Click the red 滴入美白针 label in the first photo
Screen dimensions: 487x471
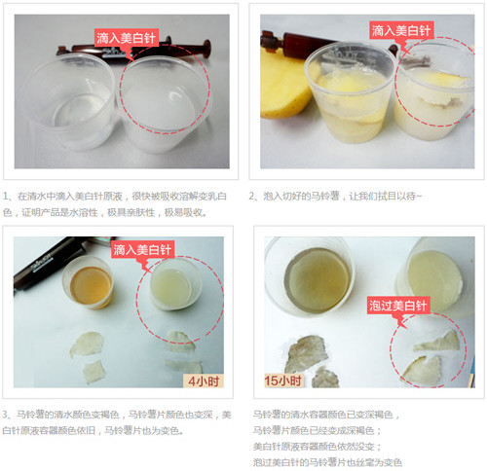127,38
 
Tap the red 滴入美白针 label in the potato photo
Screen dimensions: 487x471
401,30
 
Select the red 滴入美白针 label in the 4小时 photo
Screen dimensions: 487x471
142,249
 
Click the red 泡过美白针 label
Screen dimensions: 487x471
398,306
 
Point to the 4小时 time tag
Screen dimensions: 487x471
204,380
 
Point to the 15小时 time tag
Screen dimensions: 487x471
283,380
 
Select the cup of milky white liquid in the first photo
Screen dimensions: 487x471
164,105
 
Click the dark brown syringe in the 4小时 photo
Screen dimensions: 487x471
50,261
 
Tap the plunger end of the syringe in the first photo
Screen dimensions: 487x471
206,48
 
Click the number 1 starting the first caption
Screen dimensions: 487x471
6,197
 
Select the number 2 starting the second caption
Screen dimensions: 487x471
252,197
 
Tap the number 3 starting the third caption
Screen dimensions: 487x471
6,415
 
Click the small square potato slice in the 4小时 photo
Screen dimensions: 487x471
94,372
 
